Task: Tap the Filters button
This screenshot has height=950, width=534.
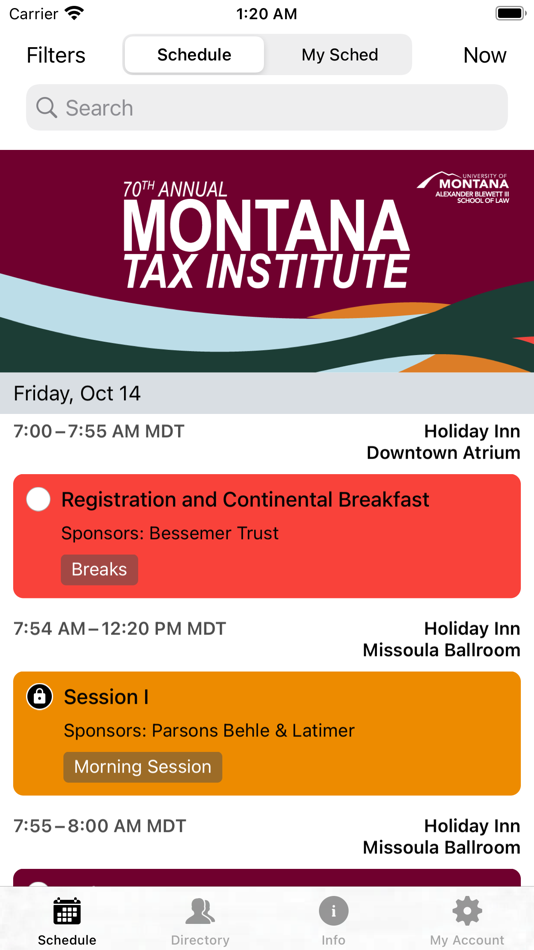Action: pyautogui.click(x=56, y=55)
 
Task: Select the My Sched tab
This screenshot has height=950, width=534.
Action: pyautogui.click(x=339, y=55)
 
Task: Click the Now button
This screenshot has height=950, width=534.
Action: pyautogui.click(x=484, y=55)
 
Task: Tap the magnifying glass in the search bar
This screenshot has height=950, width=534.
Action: pyautogui.click(x=47, y=107)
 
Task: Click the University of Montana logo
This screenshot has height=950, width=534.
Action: pyautogui.click(x=463, y=187)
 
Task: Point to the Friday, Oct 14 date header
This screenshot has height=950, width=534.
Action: pyautogui.click(x=77, y=393)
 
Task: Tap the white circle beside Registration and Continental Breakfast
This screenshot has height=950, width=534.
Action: pyautogui.click(x=38, y=499)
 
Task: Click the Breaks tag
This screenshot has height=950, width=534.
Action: pyautogui.click(x=99, y=569)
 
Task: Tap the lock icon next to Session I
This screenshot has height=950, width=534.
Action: pyautogui.click(x=39, y=697)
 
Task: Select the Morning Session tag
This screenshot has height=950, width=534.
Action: pyautogui.click(x=143, y=767)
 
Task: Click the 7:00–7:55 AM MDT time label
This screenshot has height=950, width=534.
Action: pyautogui.click(x=99, y=431)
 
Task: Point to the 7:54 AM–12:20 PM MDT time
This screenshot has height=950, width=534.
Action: pyautogui.click(x=120, y=628)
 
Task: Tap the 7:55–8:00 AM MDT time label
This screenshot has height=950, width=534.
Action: pyautogui.click(x=99, y=826)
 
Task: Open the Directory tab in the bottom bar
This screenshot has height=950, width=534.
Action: pyautogui.click(x=200, y=920)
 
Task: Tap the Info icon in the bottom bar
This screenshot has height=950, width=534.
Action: pyautogui.click(x=333, y=911)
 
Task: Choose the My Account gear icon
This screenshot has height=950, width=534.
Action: pyautogui.click(x=467, y=911)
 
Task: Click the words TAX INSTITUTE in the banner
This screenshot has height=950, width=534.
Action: pyautogui.click(x=266, y=271)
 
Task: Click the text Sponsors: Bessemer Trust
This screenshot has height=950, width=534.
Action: pyautogui.click(x=170, y=533)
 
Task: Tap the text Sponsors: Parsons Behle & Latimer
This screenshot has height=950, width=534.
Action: pyautogui.click(x=209, y=730)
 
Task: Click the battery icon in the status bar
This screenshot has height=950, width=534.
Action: pyautogui.click(x=510, y=14)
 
